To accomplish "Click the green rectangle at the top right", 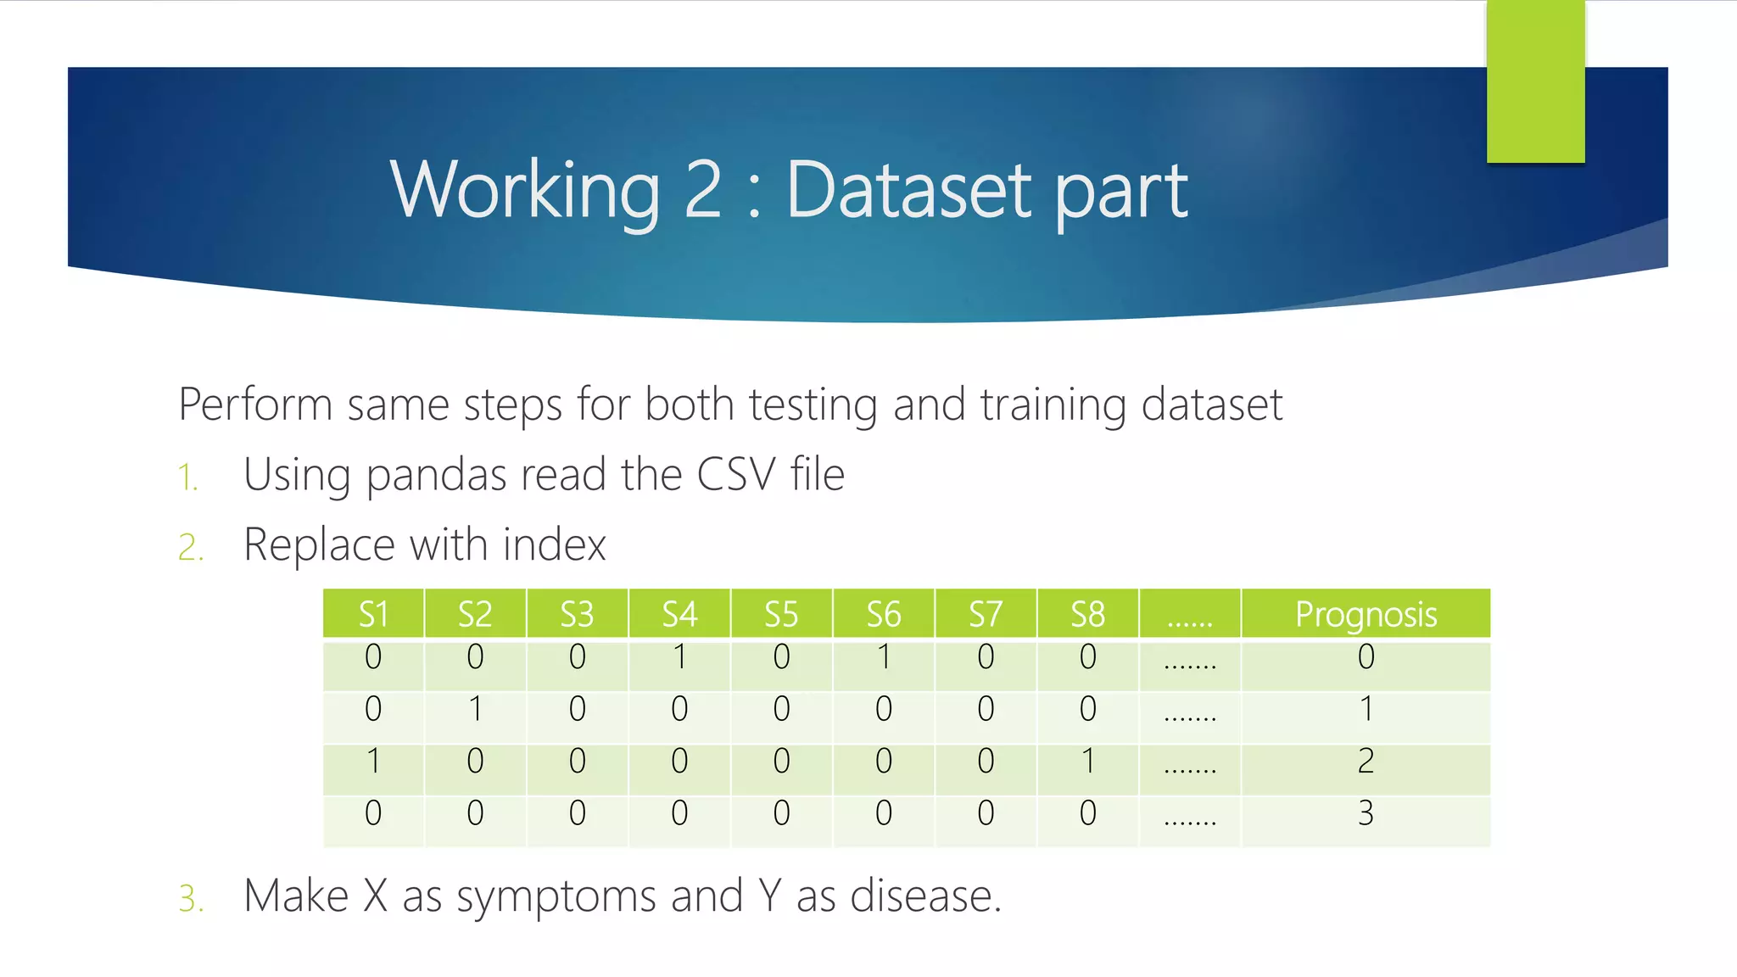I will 1535,81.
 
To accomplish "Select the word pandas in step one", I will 436,475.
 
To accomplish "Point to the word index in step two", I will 554,544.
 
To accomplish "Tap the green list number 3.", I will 191,898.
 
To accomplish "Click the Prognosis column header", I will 1366,614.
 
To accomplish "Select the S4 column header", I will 679,614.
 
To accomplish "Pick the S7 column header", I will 986,614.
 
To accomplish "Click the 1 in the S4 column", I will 679,657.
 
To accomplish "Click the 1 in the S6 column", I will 884,657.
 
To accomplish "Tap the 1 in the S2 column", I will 475,709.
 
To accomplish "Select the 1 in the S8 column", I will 1088,762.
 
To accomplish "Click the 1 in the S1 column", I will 373,762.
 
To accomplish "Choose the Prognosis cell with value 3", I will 1366,813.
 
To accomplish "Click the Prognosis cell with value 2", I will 1366,762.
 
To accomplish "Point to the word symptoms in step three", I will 556,897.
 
